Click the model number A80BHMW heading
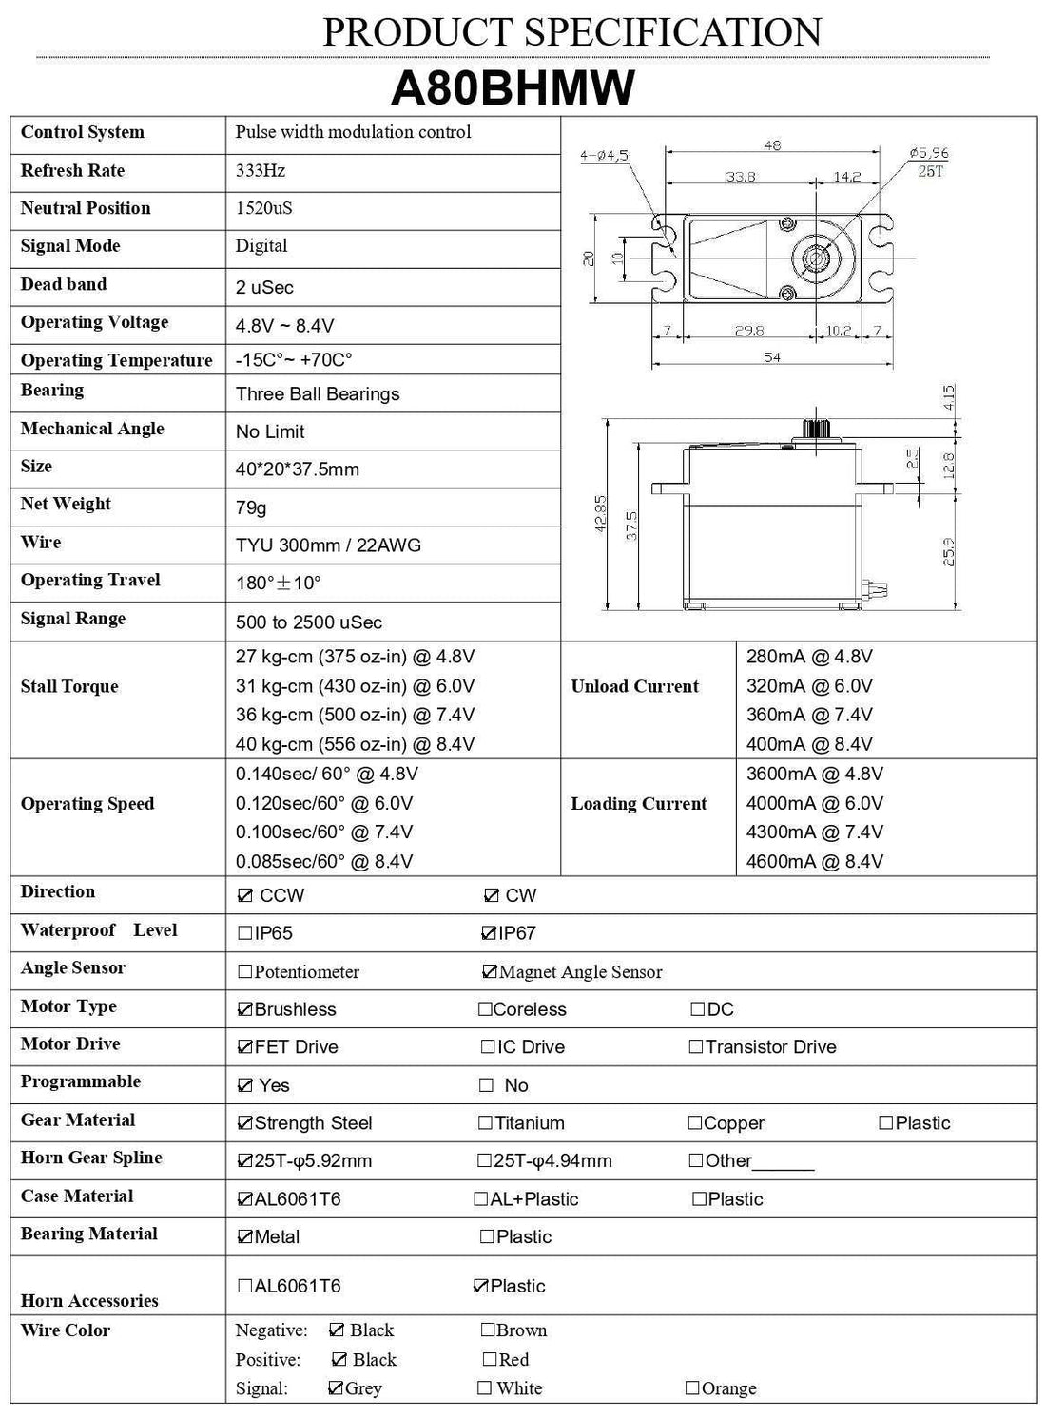(513, 88)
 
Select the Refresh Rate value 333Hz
(261, 171)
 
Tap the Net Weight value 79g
(251, 507)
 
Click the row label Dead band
(64, 284)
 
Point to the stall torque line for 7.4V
(355, 715)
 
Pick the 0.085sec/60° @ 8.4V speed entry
(324, 861)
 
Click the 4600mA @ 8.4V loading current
(815, 861)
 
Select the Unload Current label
(634, 686)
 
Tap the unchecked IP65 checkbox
(245, 933)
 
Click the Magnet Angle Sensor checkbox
(490, 971)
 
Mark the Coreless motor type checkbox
(485, 1009)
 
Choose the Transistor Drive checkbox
(696, 1047)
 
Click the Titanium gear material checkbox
(485, 1123)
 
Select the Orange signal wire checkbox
(692, 1388)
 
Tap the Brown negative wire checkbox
(488, 1330)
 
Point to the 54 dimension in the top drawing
(771, 357)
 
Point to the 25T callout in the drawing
(930, 171)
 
